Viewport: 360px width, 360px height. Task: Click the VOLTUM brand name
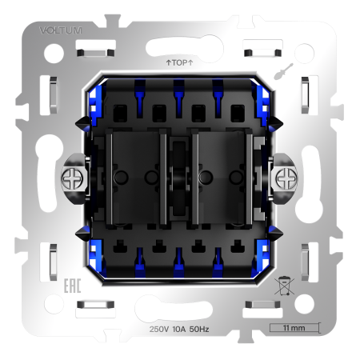(x=60, y=30)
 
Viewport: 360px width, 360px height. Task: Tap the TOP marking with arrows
(x=179, y=61)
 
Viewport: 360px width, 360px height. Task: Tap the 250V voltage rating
(x=160, y=329)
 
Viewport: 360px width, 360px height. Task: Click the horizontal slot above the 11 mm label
(x=261, y=306)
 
